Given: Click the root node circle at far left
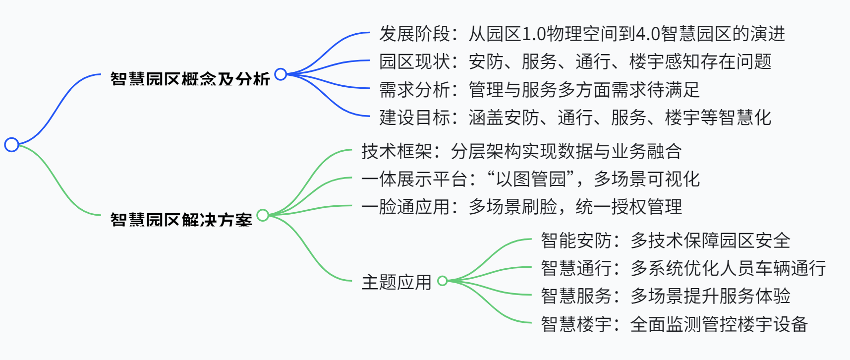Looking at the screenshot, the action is click(11, 145).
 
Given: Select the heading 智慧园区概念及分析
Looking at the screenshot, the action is click(190, 79).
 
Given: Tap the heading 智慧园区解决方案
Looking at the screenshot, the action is click(181, 220).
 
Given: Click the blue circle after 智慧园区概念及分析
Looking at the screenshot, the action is click(281, 74).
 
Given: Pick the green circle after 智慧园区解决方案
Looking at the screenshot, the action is click(263, 215).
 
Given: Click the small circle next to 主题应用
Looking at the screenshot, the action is click(443, 281).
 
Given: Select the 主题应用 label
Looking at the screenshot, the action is click(397, 282).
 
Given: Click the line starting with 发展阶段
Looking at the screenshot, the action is click(582, 34).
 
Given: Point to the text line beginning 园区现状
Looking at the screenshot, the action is click(575, 62).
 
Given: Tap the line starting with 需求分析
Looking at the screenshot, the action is click(539, 90).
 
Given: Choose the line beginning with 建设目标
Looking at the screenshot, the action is click(575, 118).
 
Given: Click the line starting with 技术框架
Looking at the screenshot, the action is click(521, 151).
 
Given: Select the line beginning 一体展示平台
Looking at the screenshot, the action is click(530, 179).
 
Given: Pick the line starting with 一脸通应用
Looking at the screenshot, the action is click(521, 207).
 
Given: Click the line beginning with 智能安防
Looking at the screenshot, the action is click(665, 240).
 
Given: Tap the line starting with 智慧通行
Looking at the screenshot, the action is click(683, 268).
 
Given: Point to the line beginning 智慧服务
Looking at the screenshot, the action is click(665, 296).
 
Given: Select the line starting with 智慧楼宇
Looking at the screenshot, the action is click(674, 324).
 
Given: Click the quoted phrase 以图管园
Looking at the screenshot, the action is click(531, 179).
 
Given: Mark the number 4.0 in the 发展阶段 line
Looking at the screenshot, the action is click(647, 34).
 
